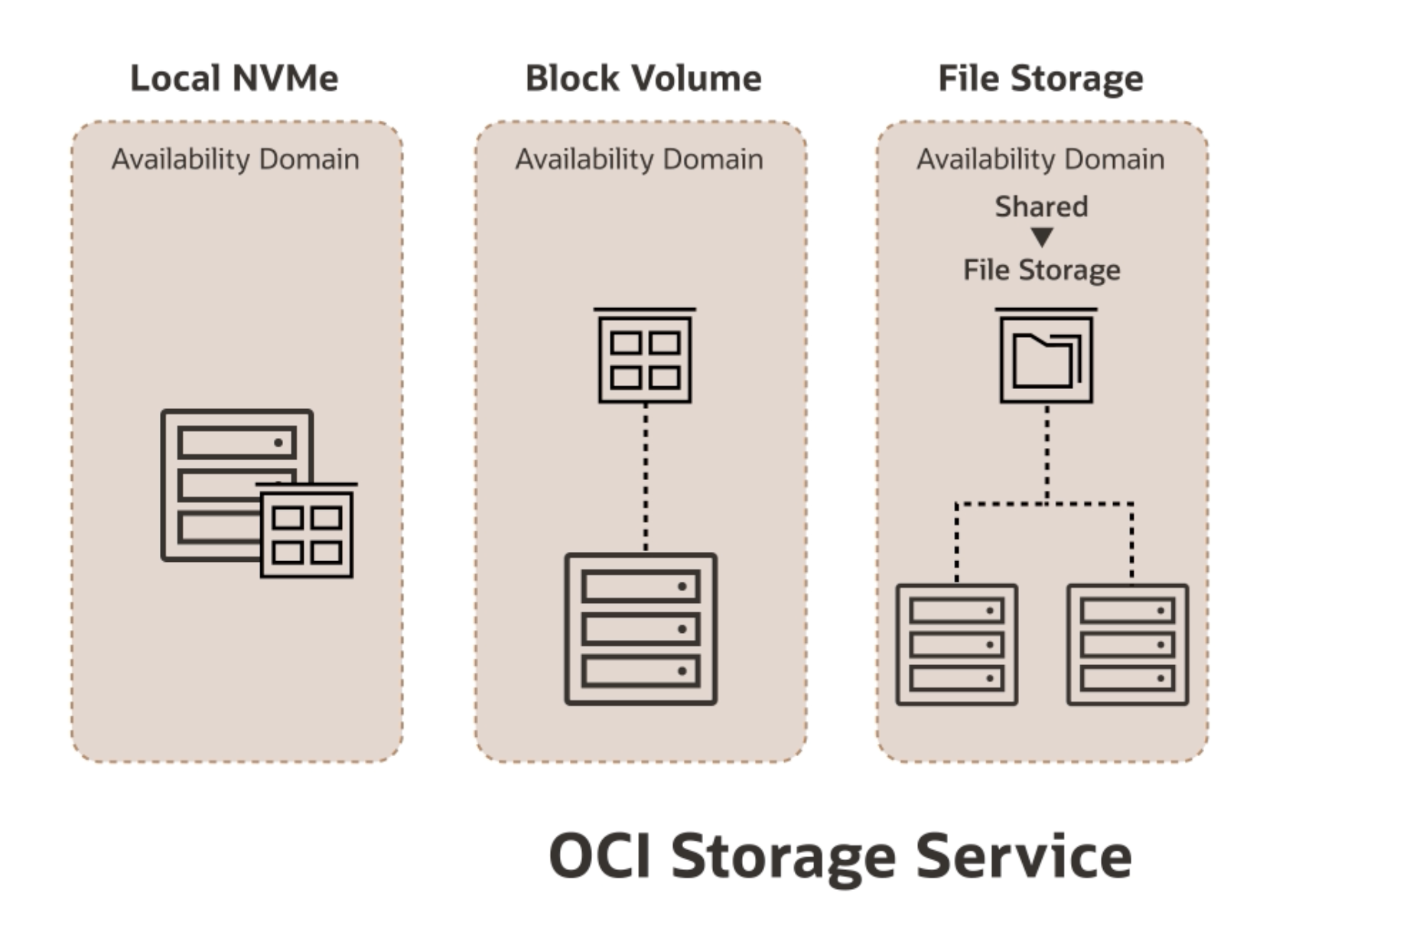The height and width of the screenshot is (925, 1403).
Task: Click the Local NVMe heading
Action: pyautogui.click(x=234, y=78)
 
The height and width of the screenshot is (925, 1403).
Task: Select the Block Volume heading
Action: pyautogui.click(x=643, y=78)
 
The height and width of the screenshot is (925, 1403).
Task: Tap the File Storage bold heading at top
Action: pyautogui.click(x=1040, y=78)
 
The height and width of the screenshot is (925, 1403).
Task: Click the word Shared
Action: pyautogui.click(x=1041, y=206)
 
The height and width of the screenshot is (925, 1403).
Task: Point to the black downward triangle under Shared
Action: pyautogui.click(x=1042, y=238)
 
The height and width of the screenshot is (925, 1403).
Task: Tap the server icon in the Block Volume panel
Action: pyautogui.click(x=641, y=628)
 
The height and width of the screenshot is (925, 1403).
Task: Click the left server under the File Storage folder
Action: pyautogui.click(x=957, y=644)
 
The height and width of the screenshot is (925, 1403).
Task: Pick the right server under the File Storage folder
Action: pyautogui.click(x=1128, y=644)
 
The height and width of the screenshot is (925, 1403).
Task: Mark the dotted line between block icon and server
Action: pyautogui.click(x=646, y=478)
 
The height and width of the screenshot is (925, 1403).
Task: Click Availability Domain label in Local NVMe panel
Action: pyautogui.click(x=236, y=159)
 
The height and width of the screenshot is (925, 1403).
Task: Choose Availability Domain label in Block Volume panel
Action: pyautogui.click(x=639, y=159)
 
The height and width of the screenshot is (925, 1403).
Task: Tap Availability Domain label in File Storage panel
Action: pyautogui.click(x=1040, y=159)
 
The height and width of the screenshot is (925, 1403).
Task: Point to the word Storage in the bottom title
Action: pyautogui.click(x=783, y=856)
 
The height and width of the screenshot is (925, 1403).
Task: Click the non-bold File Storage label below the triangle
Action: pyautogui.click(x=1041, y=270)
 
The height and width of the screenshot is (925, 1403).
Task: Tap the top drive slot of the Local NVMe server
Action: pyautogui.click(x=236, y=443)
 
